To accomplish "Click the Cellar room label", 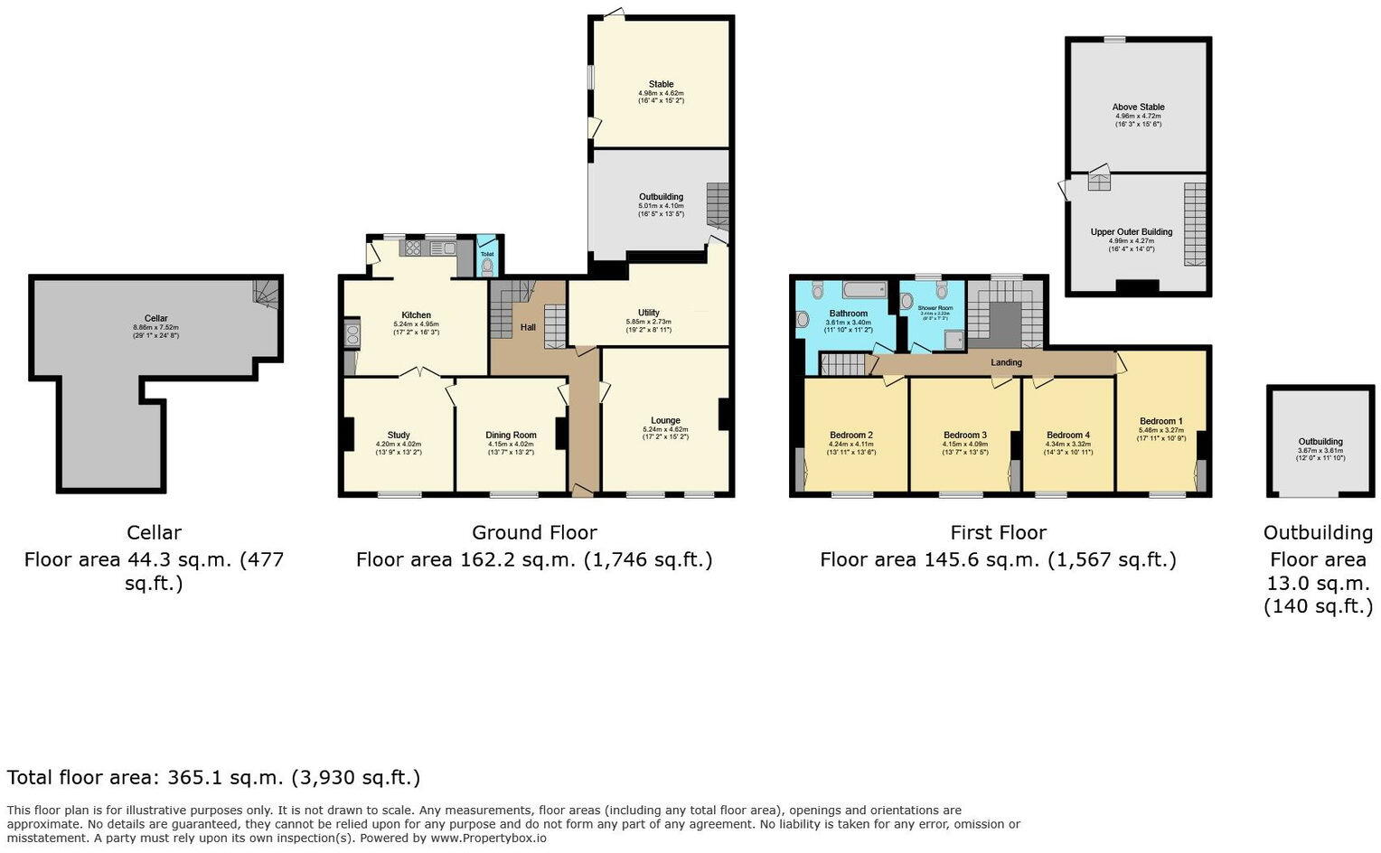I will coord(155,318).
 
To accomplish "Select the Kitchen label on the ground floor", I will coord(416,315).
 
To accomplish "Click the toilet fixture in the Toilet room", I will coord(488,266).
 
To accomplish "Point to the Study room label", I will coord(399,435).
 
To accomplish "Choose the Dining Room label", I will coord(511,435).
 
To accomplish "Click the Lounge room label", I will coord(665,420).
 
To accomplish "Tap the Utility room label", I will coord(648,313).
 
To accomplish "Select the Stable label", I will coord(661,84).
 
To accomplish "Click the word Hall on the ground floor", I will coord(528,326).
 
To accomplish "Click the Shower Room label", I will coord(935,308).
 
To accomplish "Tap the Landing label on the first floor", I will coord(1006,362).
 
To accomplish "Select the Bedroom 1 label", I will coord(1160,421).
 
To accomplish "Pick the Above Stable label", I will coord(1138,107).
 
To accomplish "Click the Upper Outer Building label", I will coord(1131,232).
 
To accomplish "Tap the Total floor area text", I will coord(213,777).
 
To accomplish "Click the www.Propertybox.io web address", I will coord(488,838).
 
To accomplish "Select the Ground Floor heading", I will coord(534,532).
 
